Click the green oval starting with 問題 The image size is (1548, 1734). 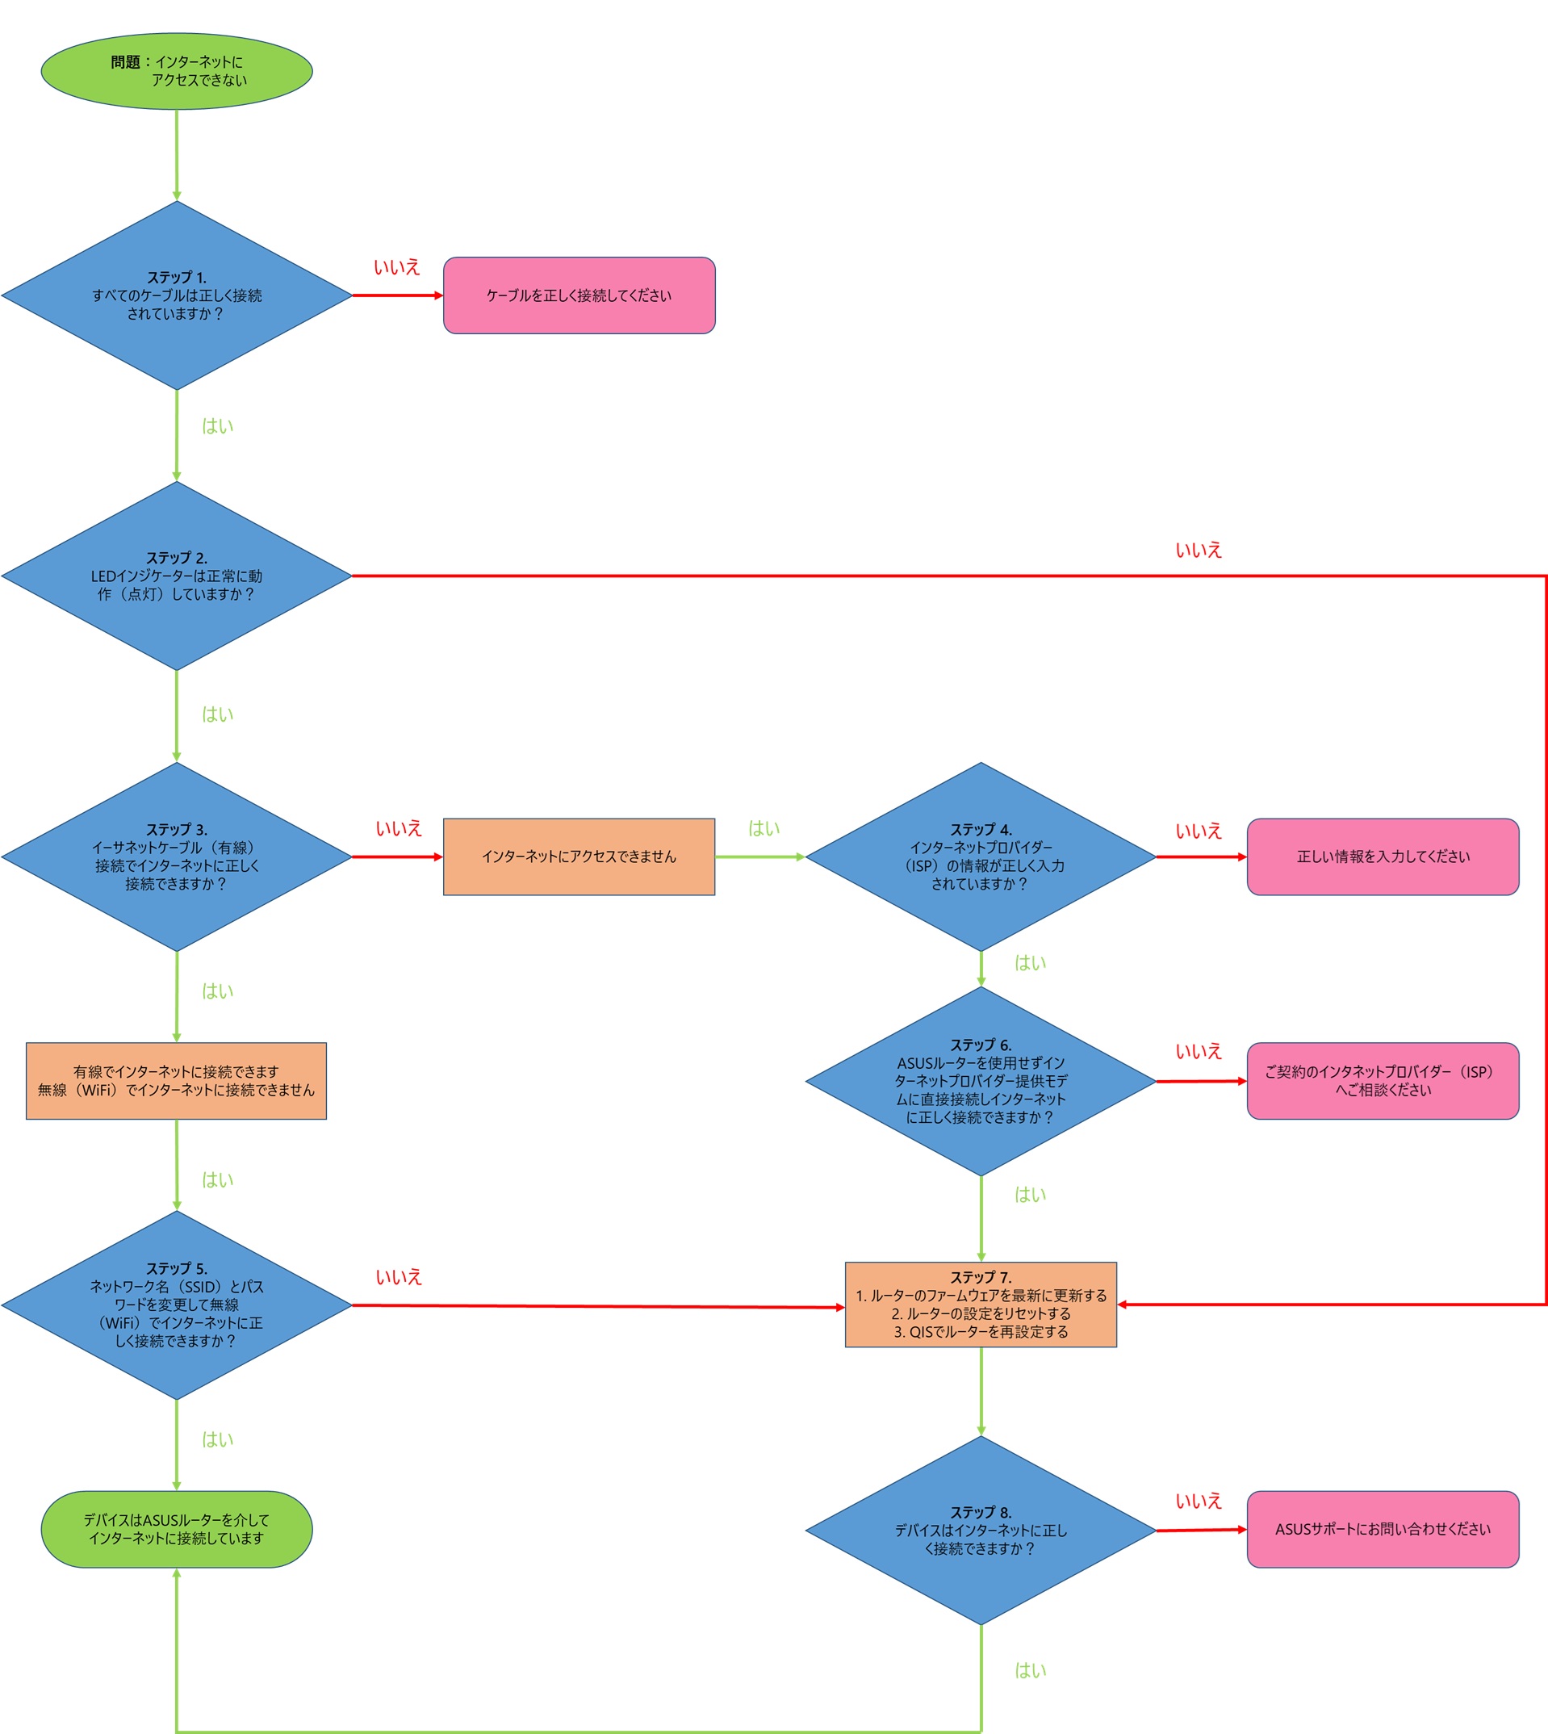[x=177, y=72]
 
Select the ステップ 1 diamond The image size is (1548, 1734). [x=177, y=295]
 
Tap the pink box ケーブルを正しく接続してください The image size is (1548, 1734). [x=579, y=295]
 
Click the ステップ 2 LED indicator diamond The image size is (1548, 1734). [x=177, y=576]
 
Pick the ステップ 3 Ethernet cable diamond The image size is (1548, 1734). [x=177, y=857]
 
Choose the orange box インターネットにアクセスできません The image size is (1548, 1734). [x=579, y=857]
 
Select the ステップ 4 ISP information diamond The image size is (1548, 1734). [x=981, y=857]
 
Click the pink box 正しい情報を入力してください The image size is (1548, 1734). [x=1383, y=857]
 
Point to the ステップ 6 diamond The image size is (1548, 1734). [x=981, y=1082]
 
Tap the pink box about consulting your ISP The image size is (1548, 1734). [x=1383, y=1082]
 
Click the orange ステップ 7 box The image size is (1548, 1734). [x=981, y=1305]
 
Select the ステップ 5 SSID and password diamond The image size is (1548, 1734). [x=177, y=1305]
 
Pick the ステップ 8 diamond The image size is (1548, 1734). [x=981, y=1531]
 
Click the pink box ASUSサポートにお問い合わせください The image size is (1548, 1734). [x=1383, y=1529]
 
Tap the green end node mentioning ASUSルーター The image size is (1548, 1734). [x=177, y=1529]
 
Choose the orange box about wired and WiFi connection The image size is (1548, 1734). [x=176, y=1082]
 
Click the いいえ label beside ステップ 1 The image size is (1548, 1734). [x=397, y=267]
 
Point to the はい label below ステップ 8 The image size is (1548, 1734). [x=1030, y=1670]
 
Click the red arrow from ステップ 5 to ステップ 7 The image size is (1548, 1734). [x=599, y=1307]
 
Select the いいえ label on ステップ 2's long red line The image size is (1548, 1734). [x=1199, y=551]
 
